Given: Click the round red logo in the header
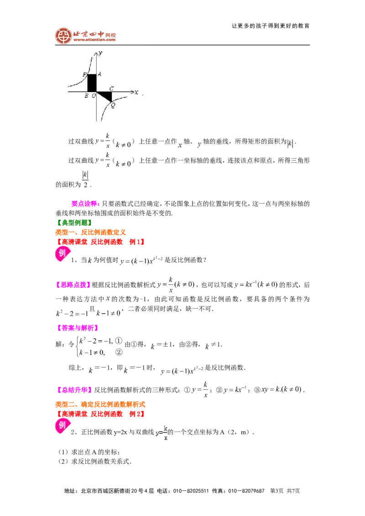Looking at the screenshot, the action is [x=63, y=36].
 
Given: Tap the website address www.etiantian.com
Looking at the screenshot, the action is [x=94, y=40].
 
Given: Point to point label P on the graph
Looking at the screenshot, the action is [x=85, y=75].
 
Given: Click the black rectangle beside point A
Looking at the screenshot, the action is [x=92, y=83].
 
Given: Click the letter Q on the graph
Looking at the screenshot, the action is [x=113, y=105].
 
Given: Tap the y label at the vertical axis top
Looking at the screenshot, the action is [x=100, y=53].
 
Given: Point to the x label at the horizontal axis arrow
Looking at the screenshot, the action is [x=136, y=93].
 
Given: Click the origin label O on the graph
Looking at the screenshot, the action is [x=94, y=96].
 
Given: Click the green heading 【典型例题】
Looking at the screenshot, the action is [x=74, y=223].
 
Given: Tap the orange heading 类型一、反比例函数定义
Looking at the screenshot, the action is [x=91, y=232].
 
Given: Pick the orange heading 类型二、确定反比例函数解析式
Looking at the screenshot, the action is [x=100, y=404].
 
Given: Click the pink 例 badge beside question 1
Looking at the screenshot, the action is [x=62, y=254].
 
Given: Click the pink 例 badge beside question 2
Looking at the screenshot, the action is [x=62, y=426].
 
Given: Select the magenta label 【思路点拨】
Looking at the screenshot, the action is [x=73, y=285].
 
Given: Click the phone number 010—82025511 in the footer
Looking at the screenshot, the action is [x=191, y=491].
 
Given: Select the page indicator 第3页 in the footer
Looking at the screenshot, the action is [x=276, y=491].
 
